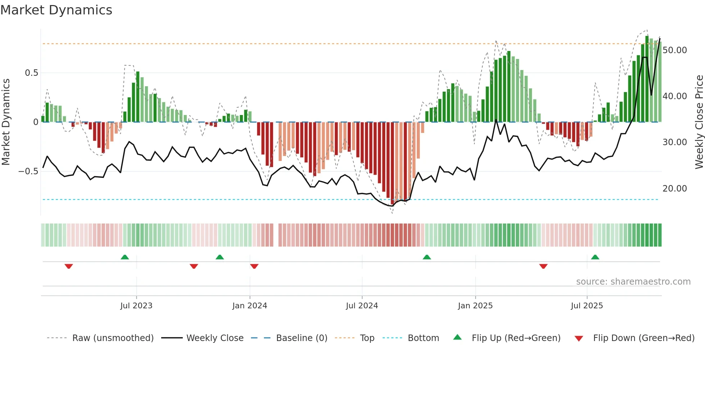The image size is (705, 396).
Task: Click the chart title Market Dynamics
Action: pyautogui.click(x=56, y=10)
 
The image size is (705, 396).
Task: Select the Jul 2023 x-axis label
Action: pyautogui.click(x=136, y=306)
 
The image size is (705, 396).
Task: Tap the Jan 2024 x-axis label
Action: pyautogui.click(x=250, y=306)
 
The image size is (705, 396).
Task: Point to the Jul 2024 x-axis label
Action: pyautogui.click(x=362, y=306)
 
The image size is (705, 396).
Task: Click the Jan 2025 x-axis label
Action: pyautogui.click(x=475, y=306)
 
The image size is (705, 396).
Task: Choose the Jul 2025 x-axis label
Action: pyautogui.click(x=587, y=306)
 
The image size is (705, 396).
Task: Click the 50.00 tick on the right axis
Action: pyautogui.click(x=675, y=50)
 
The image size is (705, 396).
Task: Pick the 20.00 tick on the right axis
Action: pyautogui.click(x=675, y=189)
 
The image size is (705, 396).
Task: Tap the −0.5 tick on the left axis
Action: pyautogui.click(x=28, y=171)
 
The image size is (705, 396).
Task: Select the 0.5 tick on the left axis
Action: pyautogui.click(x=31, y=73)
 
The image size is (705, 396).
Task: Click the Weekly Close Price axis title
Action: pyautogui.click(x=699, y=122)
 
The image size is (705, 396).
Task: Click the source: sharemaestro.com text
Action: pyautogui.click(x=633, y=282)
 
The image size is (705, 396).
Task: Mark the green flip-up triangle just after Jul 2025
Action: pyautogui.click(x=595, y=257)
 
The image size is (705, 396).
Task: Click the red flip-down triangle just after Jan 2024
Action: pyautogui.click(x=254, y=266)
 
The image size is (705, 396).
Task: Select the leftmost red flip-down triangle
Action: pyautogui.click(x=69, y=266)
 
